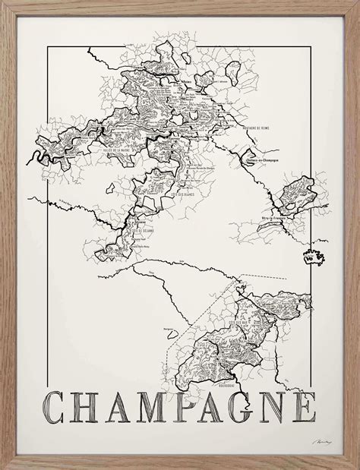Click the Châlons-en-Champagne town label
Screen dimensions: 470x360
(x=242, y=162)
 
